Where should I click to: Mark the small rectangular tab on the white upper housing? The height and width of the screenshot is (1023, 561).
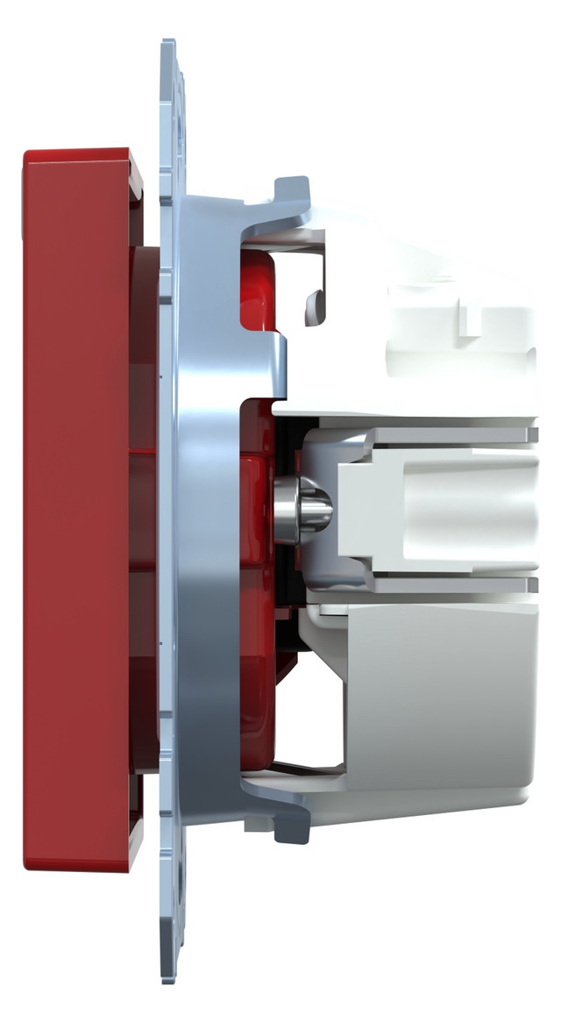473,321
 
